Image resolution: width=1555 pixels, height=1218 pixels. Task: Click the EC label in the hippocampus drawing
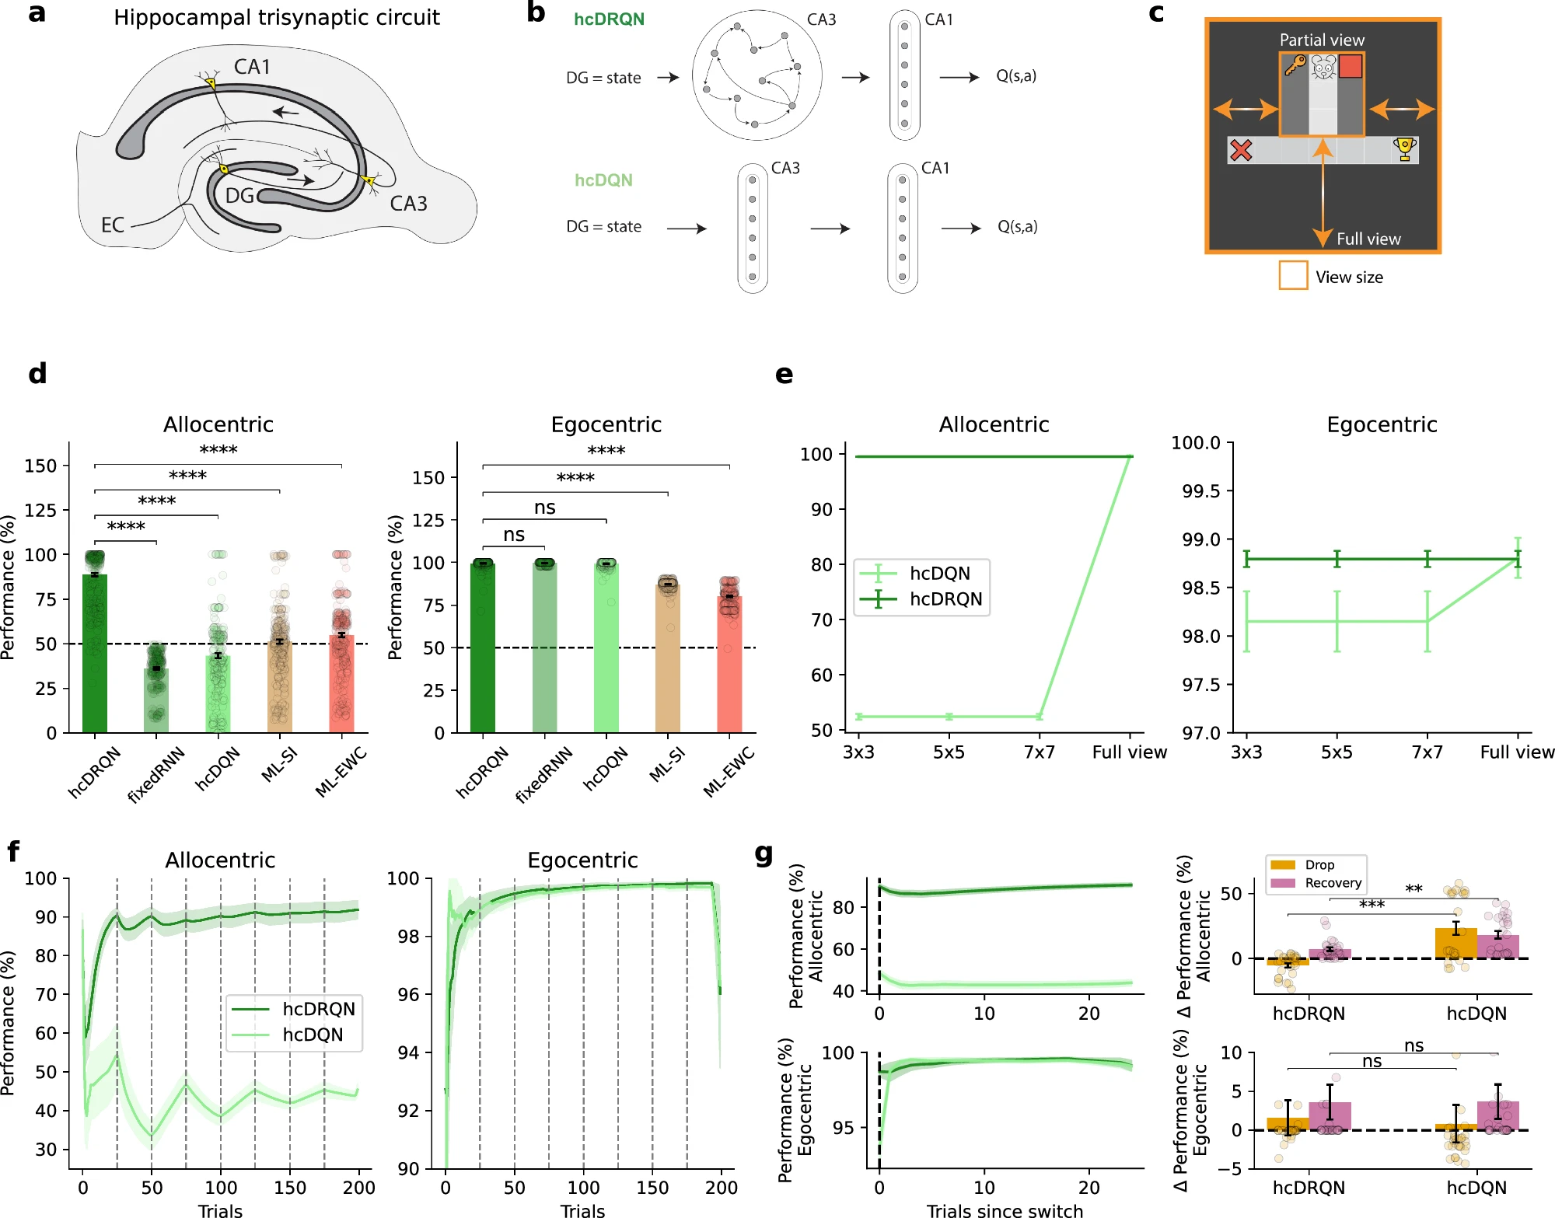click(113, 225)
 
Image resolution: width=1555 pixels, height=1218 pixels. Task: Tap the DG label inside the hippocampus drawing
click(239, 196)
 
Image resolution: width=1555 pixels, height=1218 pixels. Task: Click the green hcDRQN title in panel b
click(609, 19)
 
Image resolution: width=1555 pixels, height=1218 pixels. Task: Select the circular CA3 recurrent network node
click(757, 75)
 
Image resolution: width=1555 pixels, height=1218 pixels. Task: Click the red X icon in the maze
click(1241, 150)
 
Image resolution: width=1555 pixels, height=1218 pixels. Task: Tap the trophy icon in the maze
click(1404, 148)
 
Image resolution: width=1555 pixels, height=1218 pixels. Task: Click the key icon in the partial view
click(1295, 65)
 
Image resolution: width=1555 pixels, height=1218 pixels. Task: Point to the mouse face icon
click(1323, 67)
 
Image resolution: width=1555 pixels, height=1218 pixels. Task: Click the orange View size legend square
click(1293, 275)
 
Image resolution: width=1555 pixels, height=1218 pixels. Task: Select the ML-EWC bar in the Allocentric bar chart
click(341, 683)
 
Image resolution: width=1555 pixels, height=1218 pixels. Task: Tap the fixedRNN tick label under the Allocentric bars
click(156, 773)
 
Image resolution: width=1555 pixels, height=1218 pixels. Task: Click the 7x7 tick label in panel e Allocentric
click(1039, 752)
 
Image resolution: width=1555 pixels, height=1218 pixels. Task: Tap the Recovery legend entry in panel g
click(1333, 883)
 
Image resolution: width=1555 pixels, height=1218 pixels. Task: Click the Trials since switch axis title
click(1004, 1209)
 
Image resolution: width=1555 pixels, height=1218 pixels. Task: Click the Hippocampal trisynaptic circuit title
click(276, 18)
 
